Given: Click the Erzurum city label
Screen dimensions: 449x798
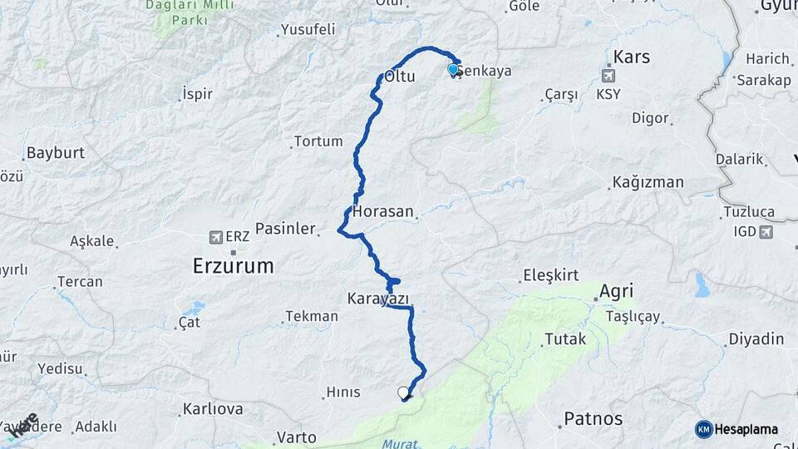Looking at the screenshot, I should click(x=232, y=266).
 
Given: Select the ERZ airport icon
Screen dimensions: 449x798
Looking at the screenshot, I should click(x=217, y=237).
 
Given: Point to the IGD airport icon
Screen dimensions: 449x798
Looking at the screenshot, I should click(x=765, y=232).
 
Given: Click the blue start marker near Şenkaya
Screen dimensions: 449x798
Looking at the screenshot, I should click(x=453, y=70).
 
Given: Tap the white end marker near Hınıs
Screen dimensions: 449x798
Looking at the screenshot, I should click(x=404, y=392).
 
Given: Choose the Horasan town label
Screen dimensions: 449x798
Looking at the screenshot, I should click(x=383, y=212).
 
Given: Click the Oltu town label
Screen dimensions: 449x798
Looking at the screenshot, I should click(x=400, y=78).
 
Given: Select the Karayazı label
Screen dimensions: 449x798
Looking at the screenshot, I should click(x=379, y=298).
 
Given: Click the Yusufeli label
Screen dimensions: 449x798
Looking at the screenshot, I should click(x=308, y=30).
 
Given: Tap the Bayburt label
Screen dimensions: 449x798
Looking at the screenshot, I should click(x=57, y=153).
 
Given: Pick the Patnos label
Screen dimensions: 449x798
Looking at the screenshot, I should click(x=594, y=417).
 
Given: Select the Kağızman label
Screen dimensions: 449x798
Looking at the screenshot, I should click(x=648, y=182).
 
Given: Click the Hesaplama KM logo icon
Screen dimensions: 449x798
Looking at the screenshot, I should click(x=704, y=429).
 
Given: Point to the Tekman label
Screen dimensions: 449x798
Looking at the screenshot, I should click(x=312, y=316).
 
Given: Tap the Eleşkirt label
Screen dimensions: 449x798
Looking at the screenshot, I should click(x=549, y=275).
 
